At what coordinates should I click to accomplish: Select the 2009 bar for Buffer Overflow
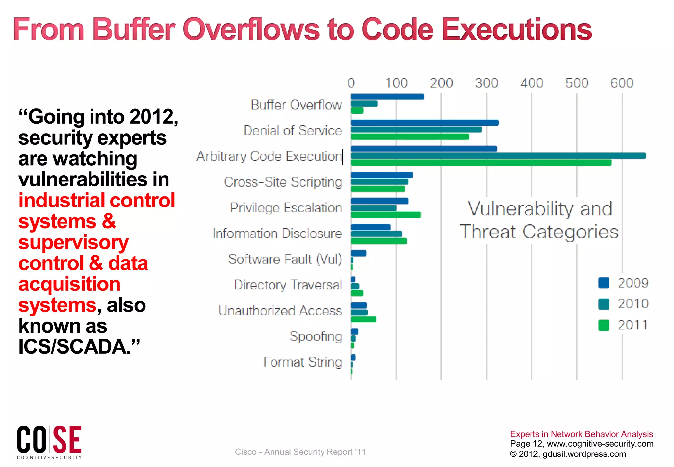(387, 96)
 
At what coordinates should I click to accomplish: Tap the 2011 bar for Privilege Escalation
(386, 215)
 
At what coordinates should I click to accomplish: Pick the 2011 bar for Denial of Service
(410, 137)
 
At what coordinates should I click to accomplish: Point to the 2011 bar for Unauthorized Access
(363, 319)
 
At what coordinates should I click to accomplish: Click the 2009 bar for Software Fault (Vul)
(358, 253)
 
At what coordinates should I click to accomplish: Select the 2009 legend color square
(604, 283)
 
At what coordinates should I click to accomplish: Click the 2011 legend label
(633, 325)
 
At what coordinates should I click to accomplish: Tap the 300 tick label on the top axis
(486, 83)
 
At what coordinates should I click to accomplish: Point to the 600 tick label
(622, 83)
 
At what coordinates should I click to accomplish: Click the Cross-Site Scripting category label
(283, 182)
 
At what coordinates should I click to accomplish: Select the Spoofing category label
(316, 336)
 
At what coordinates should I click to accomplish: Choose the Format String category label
(302, 362)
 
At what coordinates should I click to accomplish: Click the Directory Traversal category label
(288, 285)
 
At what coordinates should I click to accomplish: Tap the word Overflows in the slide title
(251, 30)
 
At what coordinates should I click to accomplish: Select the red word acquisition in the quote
(69, 284)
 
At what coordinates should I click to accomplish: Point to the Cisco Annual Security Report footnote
(300, 452)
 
